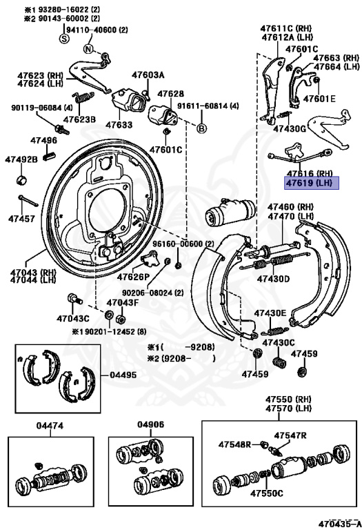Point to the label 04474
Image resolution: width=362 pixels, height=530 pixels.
point(50,426)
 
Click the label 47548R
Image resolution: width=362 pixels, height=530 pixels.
point(234,444)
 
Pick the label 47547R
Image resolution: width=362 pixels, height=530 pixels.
point(290,435)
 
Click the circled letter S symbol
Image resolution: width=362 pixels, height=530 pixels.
point(64,39)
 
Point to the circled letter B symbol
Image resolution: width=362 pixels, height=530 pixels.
point(202,128)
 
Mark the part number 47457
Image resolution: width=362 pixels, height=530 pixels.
point(21,218)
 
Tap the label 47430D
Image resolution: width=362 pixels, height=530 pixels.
point(274,279)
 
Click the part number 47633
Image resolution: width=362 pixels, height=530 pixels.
point(119,125)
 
